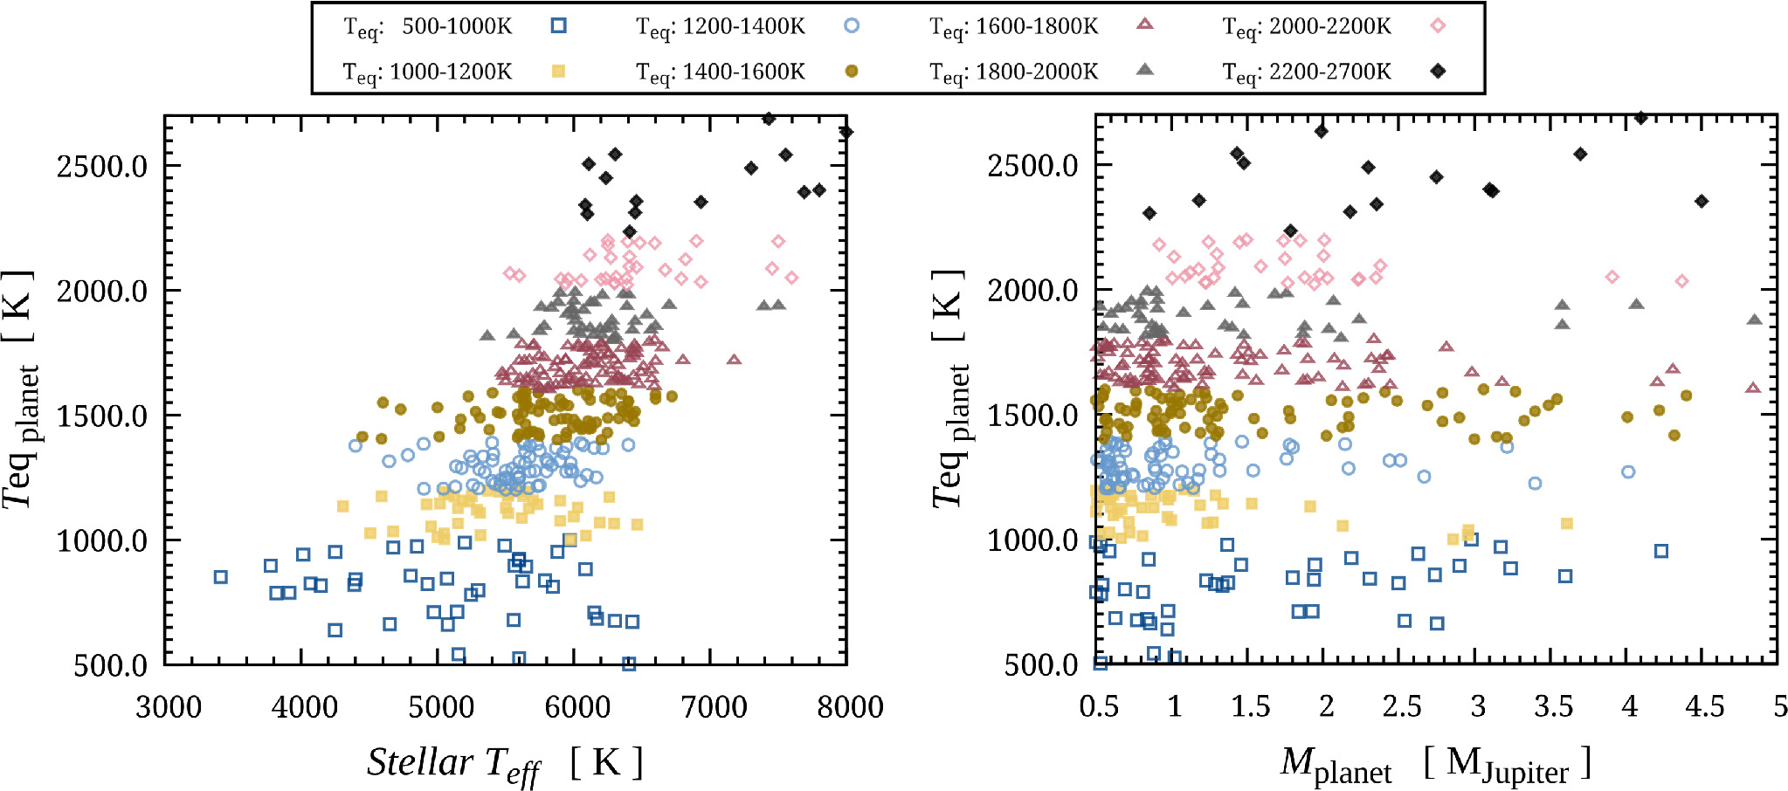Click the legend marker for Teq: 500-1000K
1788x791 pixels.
coord(559,26)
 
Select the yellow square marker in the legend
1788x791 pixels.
coord(559,71)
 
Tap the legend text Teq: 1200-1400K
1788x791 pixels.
coord(721,28)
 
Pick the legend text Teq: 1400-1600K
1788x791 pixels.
coord(721,72)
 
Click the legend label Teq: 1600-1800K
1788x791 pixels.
coord(1014,28)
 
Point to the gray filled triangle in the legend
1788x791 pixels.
coord(1145,70)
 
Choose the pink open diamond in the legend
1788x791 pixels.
coord(1438,26)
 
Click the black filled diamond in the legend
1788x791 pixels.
coord(1438,71)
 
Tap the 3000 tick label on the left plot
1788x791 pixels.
coord(168,706)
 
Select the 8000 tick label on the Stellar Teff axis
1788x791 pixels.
coord(850,706)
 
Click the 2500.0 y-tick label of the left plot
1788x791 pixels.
coord(102,165)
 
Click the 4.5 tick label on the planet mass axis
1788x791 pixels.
coord(1704,706)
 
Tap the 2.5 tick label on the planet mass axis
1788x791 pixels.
coord(1402,706)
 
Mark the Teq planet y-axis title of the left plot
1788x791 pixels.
coord(21,389)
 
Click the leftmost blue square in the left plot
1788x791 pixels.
coord(221,577)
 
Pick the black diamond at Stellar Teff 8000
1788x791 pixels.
coord(846,132)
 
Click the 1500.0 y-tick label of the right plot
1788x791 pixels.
coord(1033,415)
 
